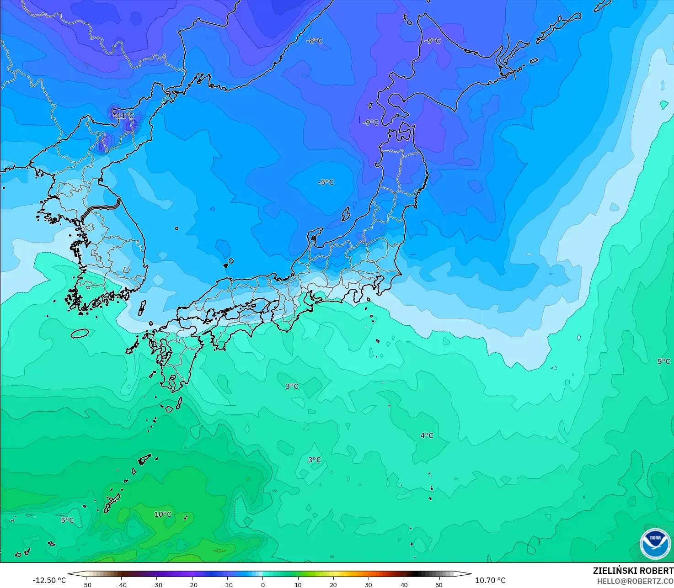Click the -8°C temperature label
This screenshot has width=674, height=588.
pyautogui.click(x=315, y=41)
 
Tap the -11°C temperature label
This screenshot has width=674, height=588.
pyautogui.click(x=124, y=116)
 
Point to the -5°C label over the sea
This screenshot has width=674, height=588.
pyautogui.click(x=326, y=182)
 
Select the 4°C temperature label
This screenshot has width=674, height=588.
pyautogui.click(x=427, y=435)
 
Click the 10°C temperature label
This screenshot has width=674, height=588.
pyautogui.click(x=163, y=514)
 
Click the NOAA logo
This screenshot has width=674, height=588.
pyautogui.click(x=655, y=544)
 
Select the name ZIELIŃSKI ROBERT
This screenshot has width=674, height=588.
pyautogui.click(x=633, y=571)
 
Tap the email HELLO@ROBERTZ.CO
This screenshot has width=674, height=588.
pyautogui.click(x=635, y=581)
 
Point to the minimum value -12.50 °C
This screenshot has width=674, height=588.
pyautogui.click(x=49, y=580)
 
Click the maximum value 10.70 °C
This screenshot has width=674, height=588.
pyautogui.click(x=490, y=580)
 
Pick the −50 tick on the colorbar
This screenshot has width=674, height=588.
pyautogui.click(x=86, y=584)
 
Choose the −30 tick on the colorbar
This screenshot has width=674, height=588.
pyautogui.click(x=156, y=584)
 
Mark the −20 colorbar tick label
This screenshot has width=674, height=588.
pyautogui.click(x=192, y=584)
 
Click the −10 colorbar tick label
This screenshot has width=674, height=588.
pyautogui.click(x=227, y=584)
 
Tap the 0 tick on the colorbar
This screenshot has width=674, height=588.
pyautogui.click(x=262, y=584)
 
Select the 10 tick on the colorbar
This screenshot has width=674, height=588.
pyautogui.click(x=298, y=584)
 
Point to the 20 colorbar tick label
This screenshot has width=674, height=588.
pyautogui.click(x=333, y=584)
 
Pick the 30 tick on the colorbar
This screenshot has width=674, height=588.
pyautogui.click(x=369, y=584)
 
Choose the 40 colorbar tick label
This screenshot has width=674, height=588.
pyautogui.click(x=404, y=584)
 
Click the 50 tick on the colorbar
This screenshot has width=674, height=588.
pyautogui.click(x=439, y=584)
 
